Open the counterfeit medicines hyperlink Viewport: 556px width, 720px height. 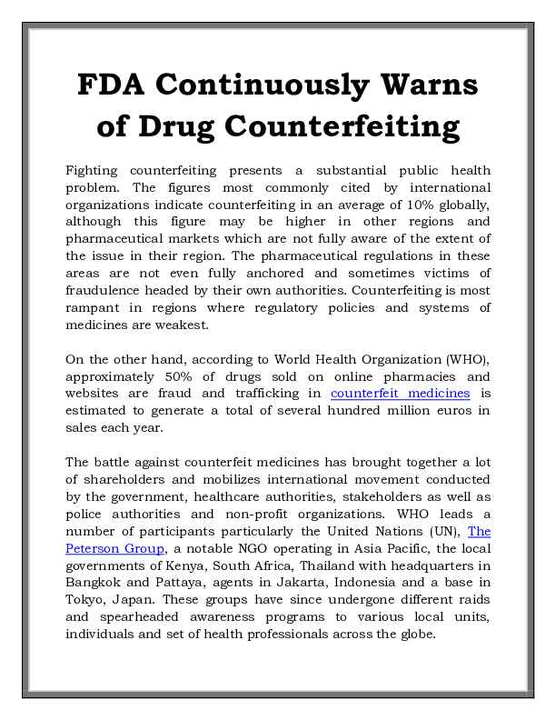pos(400,393)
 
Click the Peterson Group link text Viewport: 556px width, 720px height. pos(114,548)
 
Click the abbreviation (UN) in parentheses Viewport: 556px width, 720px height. pos(447,531)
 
